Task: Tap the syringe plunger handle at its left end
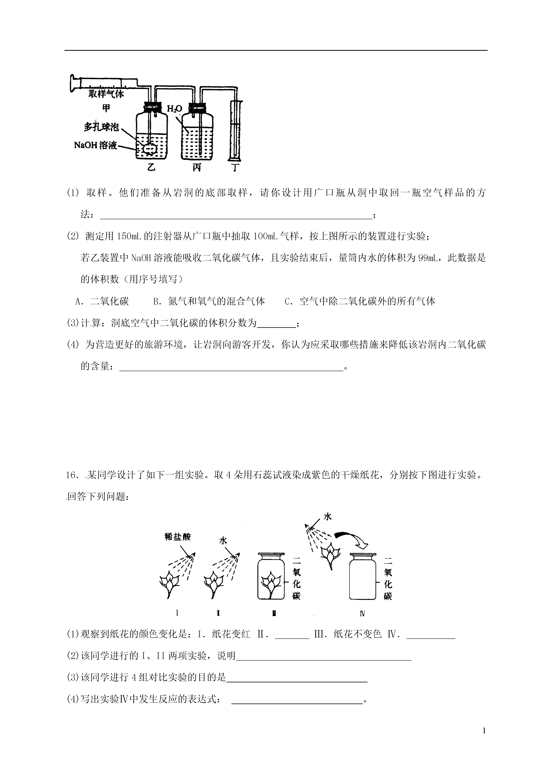click(72, 83)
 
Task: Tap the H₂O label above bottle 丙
click(175, 109)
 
